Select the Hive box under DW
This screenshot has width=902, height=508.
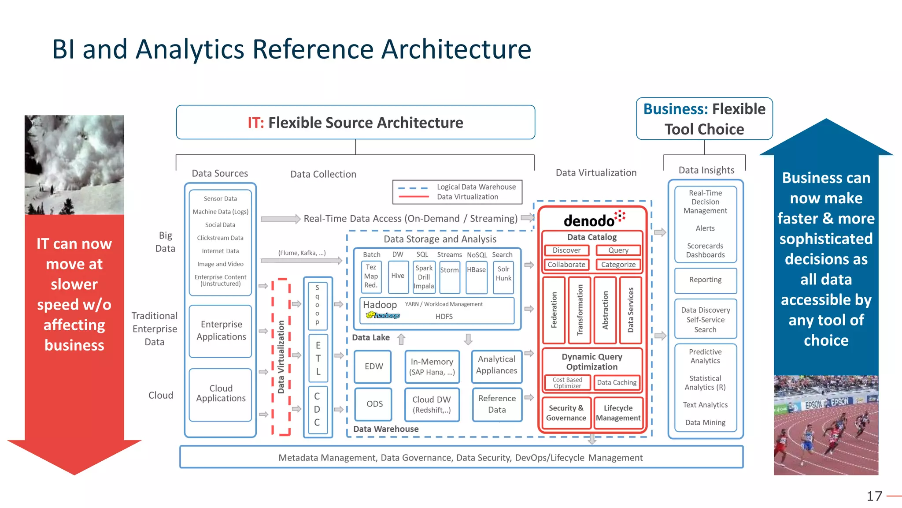click(x=398, y=276)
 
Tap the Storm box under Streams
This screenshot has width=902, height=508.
click(x=449, y=276)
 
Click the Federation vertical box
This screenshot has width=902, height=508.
click(x=554, y=310)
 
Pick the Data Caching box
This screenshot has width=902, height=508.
click(x=617, y=382)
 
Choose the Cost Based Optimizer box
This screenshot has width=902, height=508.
click(x=567, y=382)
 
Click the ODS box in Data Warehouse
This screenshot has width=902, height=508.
click(x=374, y=404)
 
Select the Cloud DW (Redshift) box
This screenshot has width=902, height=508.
click(x=432, y=404)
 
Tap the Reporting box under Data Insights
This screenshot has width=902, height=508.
click(x=705, y=280)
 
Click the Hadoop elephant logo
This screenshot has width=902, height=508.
click(x=383, y=315)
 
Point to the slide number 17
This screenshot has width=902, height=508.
click(x=874, y=496)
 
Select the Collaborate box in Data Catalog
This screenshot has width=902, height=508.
click(x=566, y=265)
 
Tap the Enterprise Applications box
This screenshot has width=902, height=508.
click(x=221, y=331)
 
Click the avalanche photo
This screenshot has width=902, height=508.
click(x=74, y=165)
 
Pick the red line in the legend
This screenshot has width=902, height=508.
click(x=413, y=197)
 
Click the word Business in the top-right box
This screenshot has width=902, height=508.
click(x=675, y=109)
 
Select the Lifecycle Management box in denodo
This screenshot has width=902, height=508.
click(x=618, y=413)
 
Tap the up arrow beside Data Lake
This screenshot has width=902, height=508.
click(x=401, y=339)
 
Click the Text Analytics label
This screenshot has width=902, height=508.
click(x=705, y=405)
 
